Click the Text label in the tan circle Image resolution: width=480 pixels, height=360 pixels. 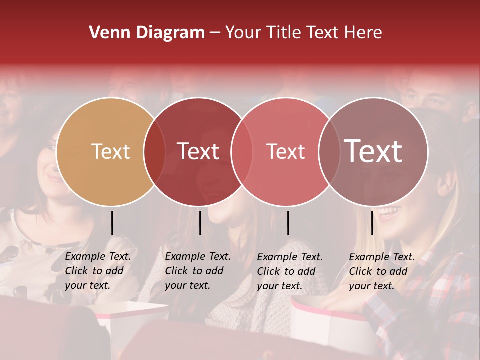click(x=110, y=151)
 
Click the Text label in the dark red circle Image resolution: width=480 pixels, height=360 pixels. click(x=198, y=151)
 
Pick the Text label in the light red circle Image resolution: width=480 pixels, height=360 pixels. click(x=285, y=151)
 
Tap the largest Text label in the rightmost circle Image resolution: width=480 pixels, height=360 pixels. click(x=373, y=151)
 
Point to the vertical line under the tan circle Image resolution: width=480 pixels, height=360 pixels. click(x=112, y=223)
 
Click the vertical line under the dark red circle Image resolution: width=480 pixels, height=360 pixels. click(x=200, y=223)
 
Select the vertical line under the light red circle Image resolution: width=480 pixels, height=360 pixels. click(x=288, y=223)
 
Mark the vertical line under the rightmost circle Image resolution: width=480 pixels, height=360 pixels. click(x=372, y=223)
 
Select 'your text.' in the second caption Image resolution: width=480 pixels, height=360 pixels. click(x=187, y=285)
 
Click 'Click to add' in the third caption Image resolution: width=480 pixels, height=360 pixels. click(x=286, y=271)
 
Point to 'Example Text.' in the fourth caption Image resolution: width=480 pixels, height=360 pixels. click(x=382, y=257)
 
